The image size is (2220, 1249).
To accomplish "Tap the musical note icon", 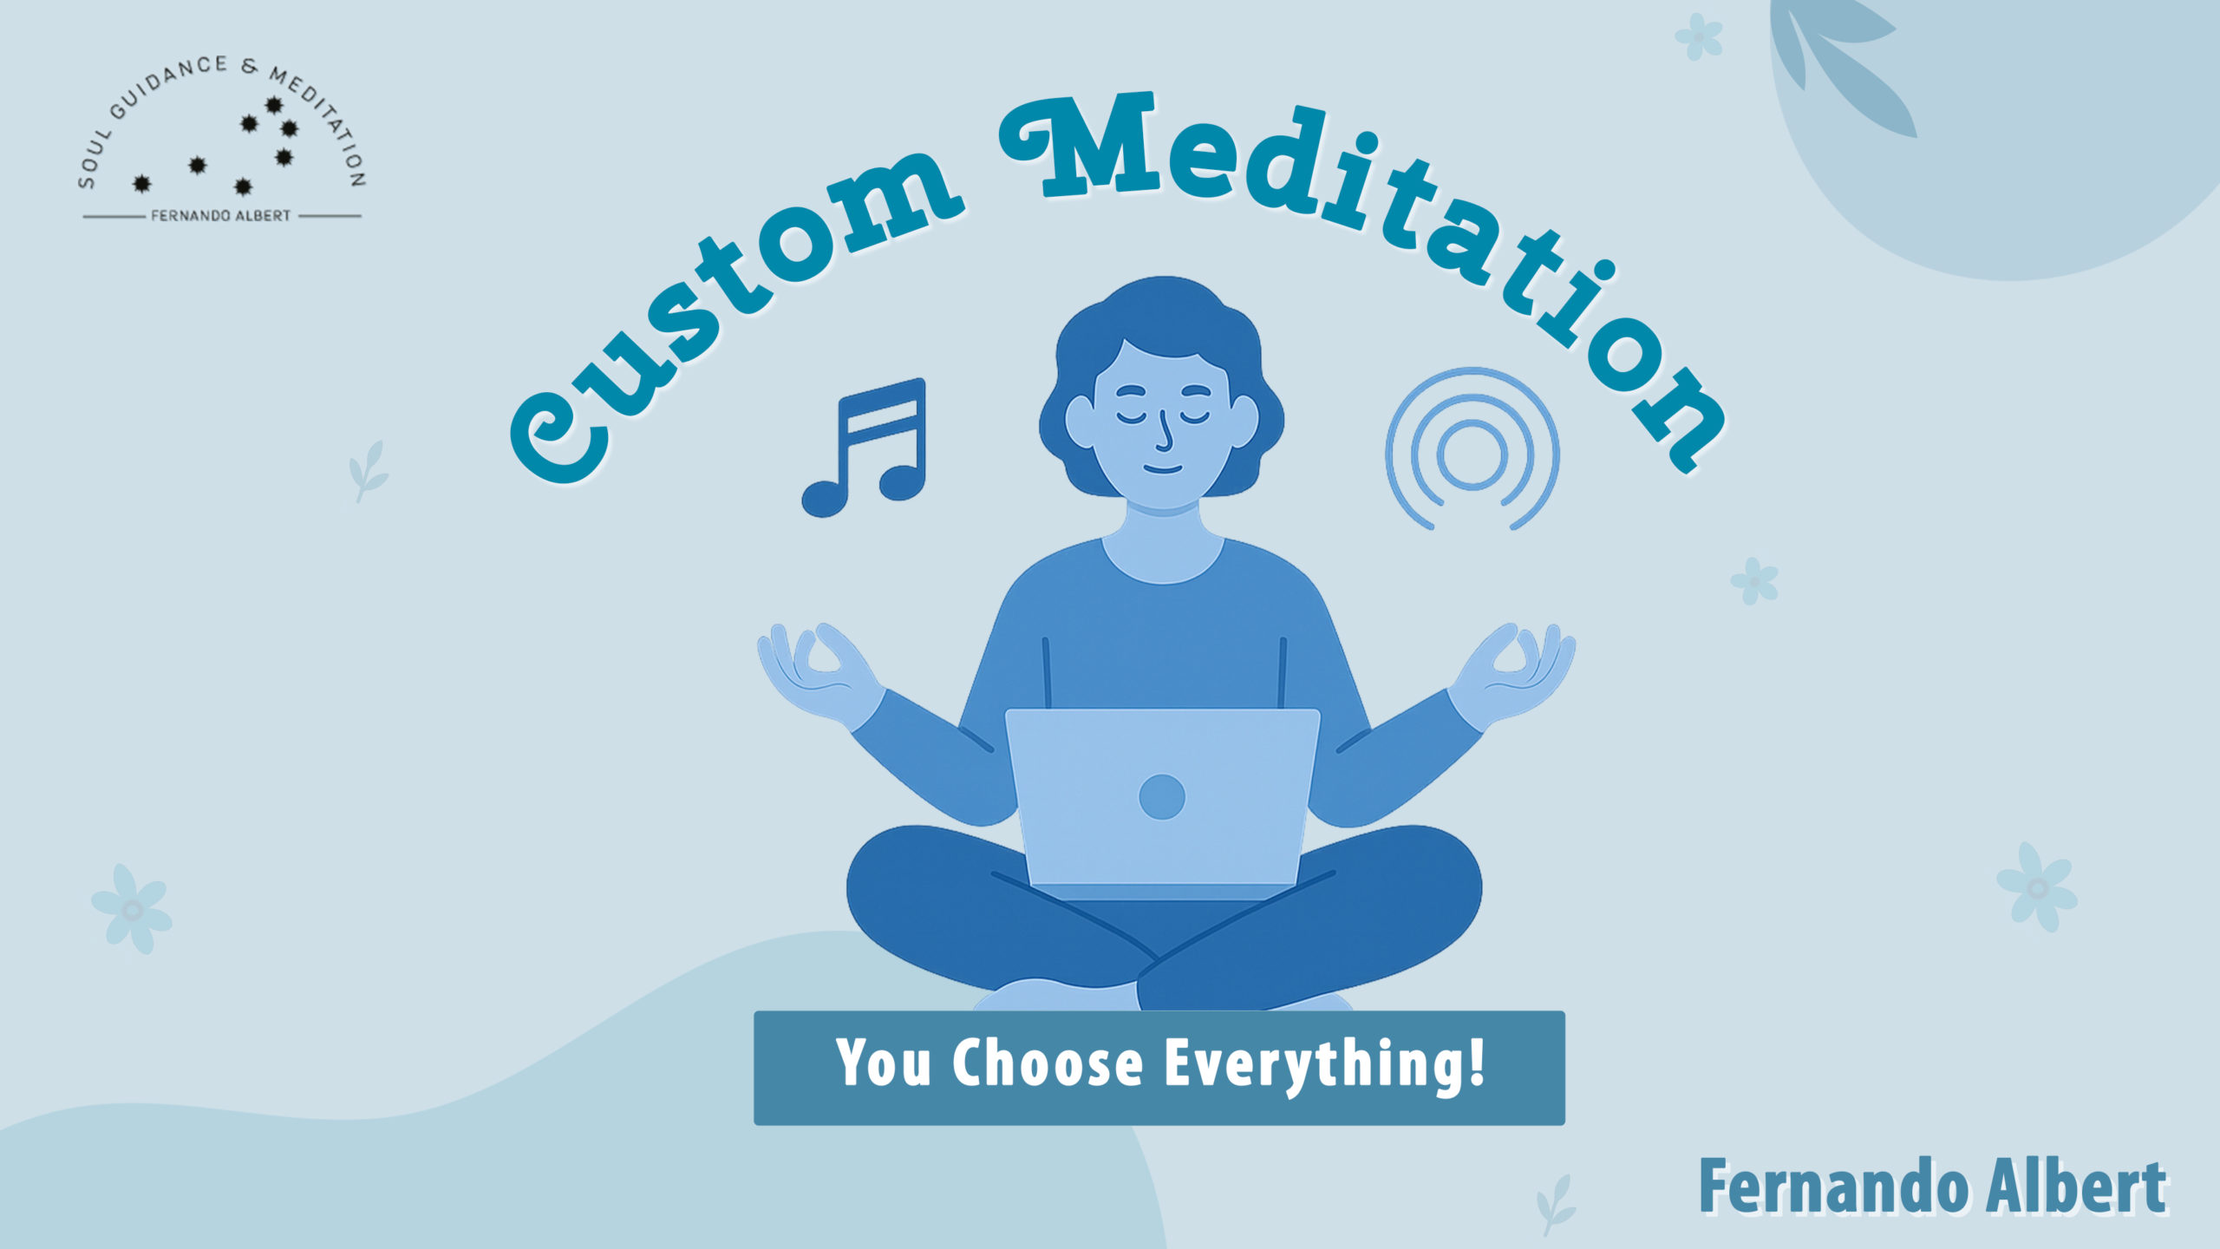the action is click(864, 448).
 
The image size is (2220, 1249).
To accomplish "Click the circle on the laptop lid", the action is click(1162, 796).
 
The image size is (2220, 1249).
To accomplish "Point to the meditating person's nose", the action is click(1165, 434).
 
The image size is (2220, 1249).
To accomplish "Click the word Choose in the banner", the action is click(1048, 1063).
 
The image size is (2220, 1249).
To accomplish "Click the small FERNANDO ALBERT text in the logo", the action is click(221, 216).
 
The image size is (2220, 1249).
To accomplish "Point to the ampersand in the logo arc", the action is click(250, 67).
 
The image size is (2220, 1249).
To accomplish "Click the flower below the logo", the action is click(132, 909).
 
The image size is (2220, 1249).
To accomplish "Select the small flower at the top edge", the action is click(1699, 36).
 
